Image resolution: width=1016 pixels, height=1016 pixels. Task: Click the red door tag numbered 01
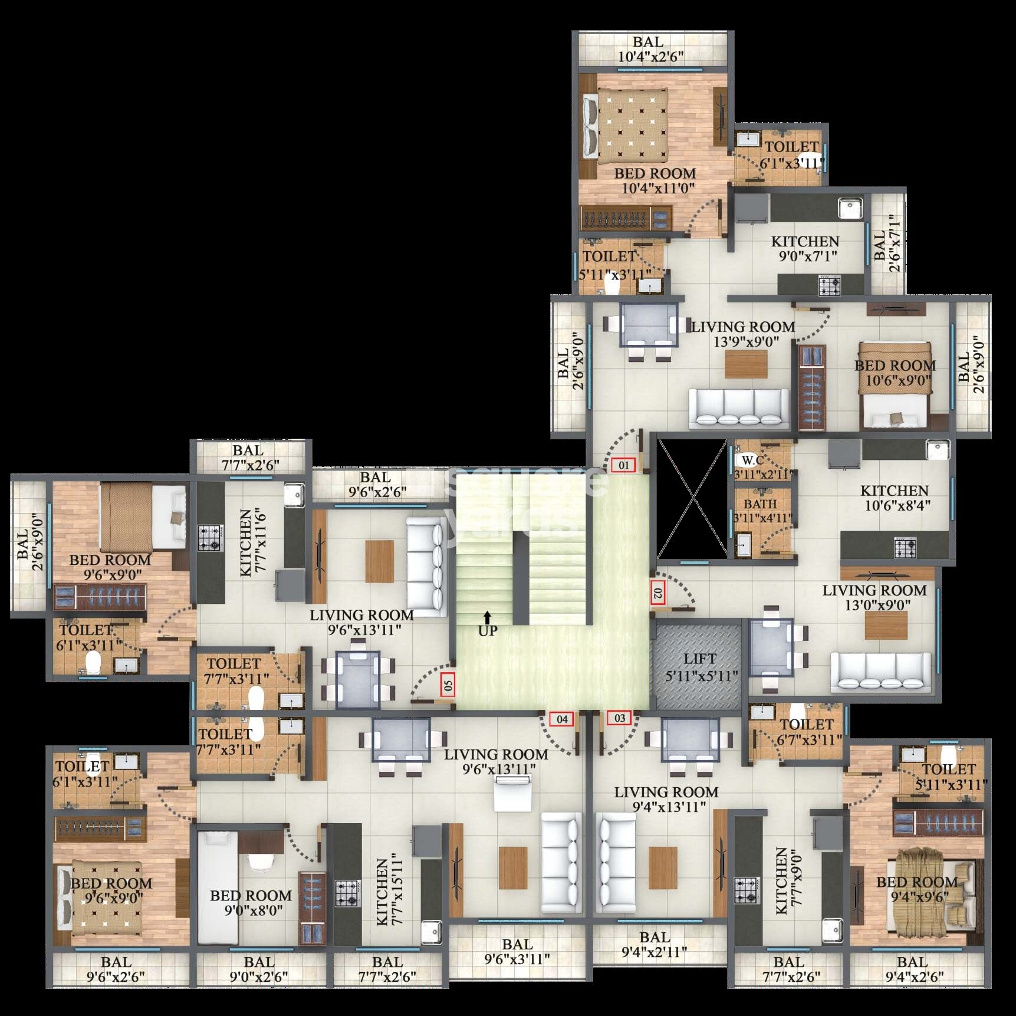pos(623,465)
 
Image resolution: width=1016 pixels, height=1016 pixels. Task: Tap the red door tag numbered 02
pos(658,593)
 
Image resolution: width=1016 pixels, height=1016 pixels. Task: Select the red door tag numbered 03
pos(619,718)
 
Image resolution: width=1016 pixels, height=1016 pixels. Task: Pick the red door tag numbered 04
pos(561,719)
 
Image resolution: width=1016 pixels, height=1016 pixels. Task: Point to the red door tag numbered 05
pos(448,685)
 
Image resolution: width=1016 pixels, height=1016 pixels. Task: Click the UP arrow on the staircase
pos(487,617)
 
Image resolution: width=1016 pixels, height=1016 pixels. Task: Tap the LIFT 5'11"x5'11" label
pos(701,668)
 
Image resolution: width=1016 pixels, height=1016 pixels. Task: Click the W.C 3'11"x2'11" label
pos(761,466)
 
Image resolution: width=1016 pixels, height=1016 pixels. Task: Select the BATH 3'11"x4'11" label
pos(761,511)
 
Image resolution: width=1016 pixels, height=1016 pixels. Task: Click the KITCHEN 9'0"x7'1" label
pos(805,249)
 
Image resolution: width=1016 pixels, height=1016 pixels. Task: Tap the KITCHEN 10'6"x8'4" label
pos(895,498)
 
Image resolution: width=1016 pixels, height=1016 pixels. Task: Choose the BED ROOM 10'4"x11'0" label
pos(655,180)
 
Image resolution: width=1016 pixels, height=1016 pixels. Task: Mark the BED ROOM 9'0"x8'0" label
pos(251,903)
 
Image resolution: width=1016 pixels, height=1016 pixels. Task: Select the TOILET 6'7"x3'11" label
pos(808,732)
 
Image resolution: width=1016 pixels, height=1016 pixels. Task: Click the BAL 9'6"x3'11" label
pos(517,952)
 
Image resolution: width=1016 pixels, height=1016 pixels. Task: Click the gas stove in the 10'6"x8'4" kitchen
pos(906,547)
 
